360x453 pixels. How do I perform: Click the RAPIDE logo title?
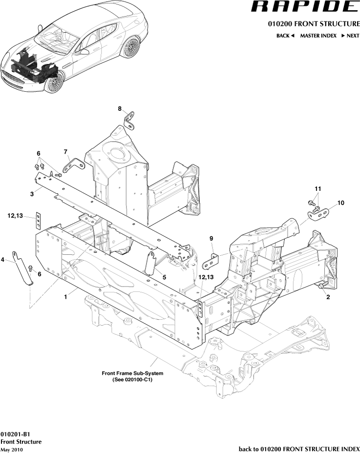tap(304, 7)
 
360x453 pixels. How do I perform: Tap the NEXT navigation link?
tap(350, 36)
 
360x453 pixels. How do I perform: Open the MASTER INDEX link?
tap(318, 36)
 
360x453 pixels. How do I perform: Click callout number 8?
tap(120, 108)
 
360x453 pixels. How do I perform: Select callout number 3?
tap(32, 194)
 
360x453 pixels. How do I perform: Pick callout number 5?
tap(164, 277)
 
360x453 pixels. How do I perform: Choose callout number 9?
tap(212, 238)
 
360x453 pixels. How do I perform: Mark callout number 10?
tap(340, 202)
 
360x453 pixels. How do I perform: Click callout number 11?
tap(318, 188)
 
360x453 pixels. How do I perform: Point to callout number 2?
tap(328, 296)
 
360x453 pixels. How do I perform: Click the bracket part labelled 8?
tap(130, 120)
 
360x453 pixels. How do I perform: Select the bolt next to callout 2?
tap(322, 286)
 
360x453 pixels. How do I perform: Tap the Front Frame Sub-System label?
tap(132, 376)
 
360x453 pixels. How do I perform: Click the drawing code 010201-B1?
tap(16, 434)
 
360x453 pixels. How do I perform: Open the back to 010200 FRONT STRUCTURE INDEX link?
tap(299, 449)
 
